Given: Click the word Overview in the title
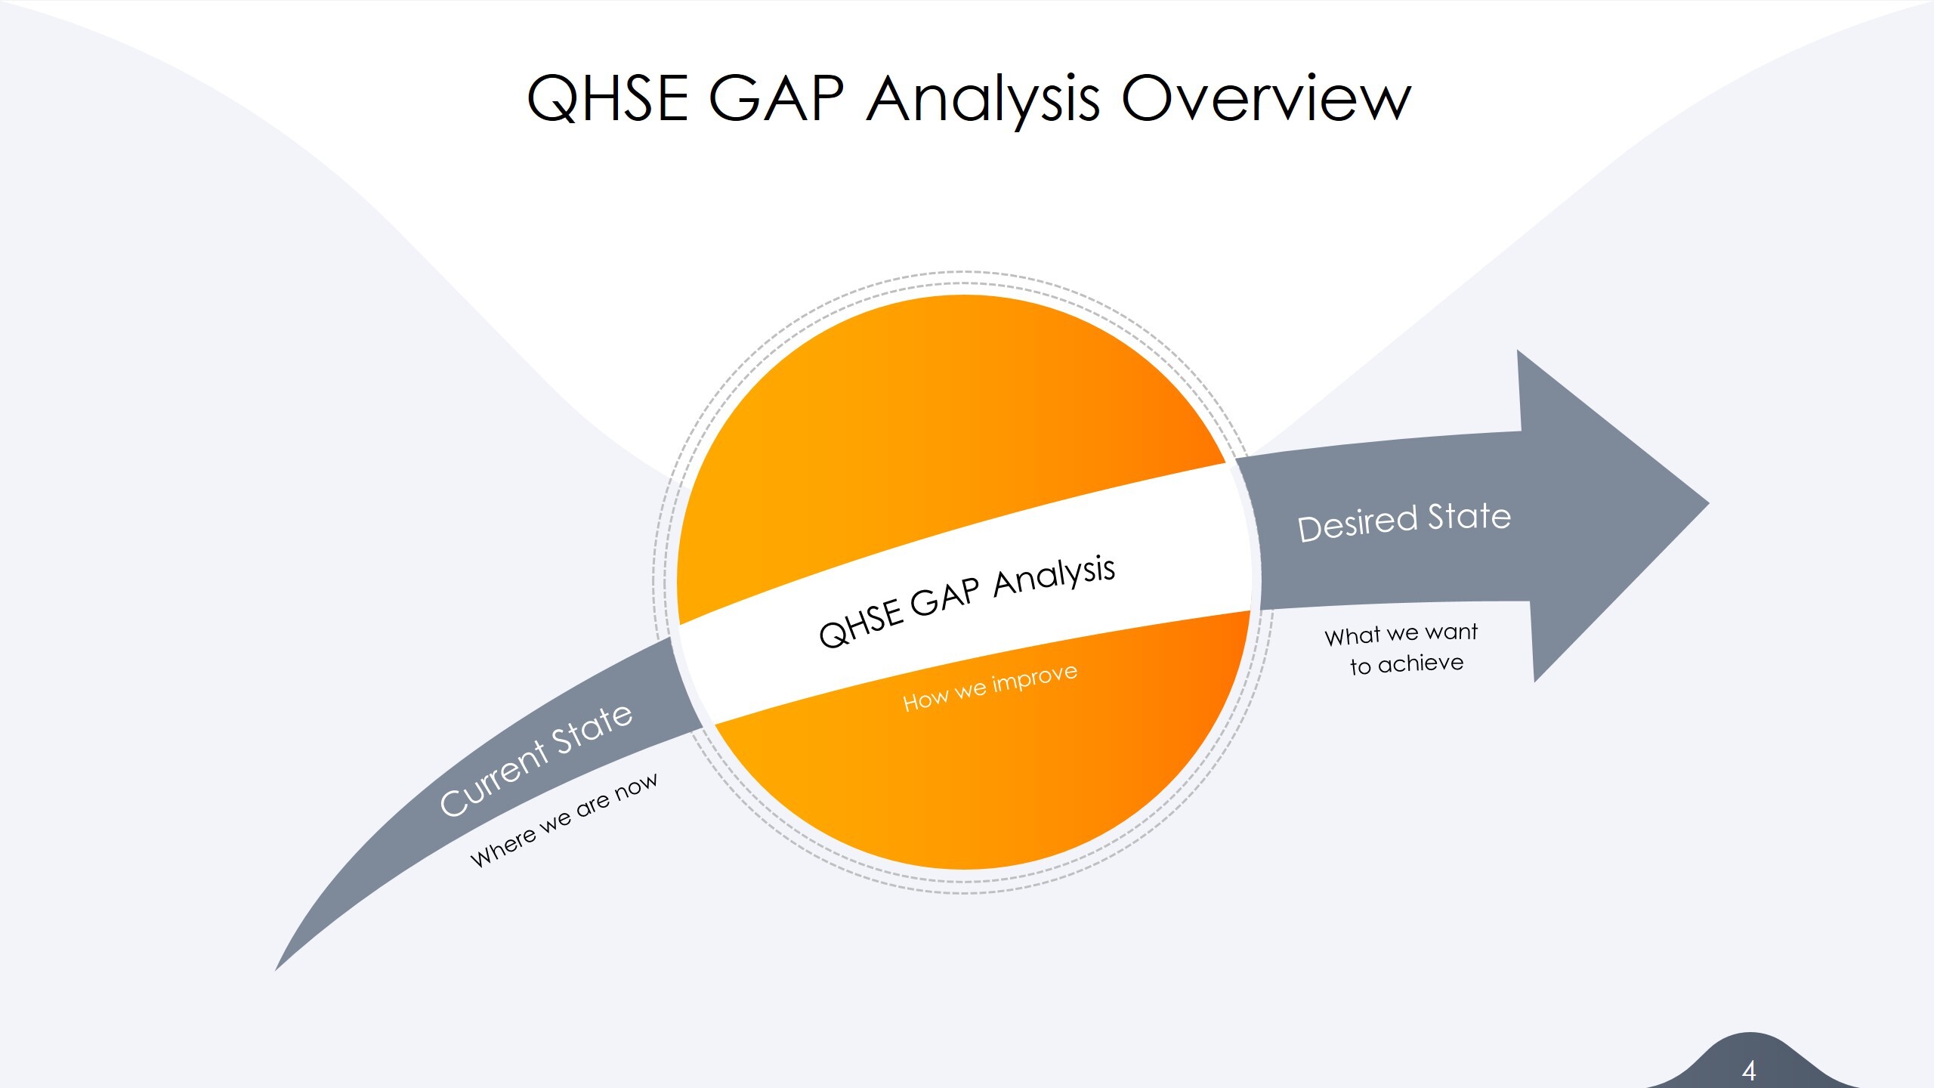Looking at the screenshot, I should (1265, 98).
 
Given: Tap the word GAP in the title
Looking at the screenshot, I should (777, 98).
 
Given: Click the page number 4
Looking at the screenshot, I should (1748, 1070).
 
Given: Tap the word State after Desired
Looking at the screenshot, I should (1469, 517).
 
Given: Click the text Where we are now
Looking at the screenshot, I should (564, 820).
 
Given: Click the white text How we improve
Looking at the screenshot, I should (990, 688).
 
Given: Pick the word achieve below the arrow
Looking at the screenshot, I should (1420, 663).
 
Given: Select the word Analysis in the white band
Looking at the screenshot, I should (1054, 577).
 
